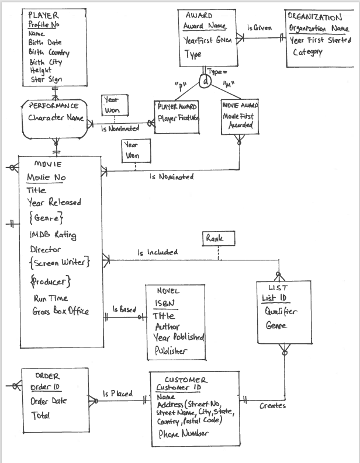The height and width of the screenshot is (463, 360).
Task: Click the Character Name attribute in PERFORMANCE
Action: pyautogui.click(x=56, y=118)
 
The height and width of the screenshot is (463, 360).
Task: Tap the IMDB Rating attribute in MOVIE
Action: pyautogui.click(x=53, y=235)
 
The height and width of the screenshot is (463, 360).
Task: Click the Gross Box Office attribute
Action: pyautogui.click(x=60, y=311)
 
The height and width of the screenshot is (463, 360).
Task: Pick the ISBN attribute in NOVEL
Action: pyautogui.click(x=164, y=303)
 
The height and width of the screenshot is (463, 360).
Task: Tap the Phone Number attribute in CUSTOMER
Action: pyautogui.click(x=184, y=434)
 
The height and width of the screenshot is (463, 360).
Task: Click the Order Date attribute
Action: pyautogui.click(x=49, y=401)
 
